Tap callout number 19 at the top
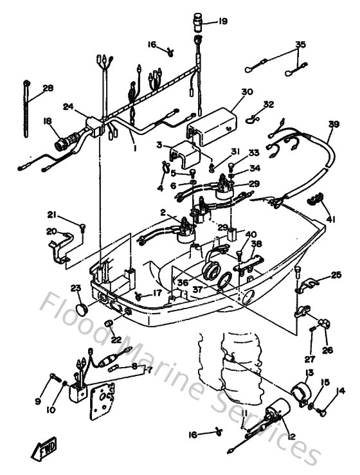(x=222, y=21)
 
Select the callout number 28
(x=48, y=88)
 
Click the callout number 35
(x=300, y=44)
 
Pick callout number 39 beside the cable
(x=333, y=124)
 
